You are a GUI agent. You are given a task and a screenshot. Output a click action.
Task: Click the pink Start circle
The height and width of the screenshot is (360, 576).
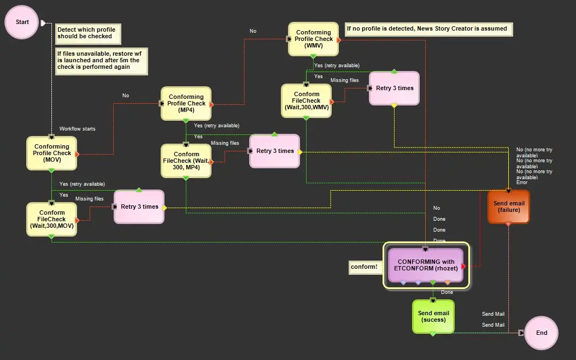pos(22,22)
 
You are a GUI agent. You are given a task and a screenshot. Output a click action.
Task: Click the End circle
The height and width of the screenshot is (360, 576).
pos(541,333)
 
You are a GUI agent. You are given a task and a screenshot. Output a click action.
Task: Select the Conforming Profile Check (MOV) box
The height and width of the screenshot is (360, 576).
pos(52,153)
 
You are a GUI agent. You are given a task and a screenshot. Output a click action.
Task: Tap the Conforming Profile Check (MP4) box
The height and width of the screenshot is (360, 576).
pos(186,103)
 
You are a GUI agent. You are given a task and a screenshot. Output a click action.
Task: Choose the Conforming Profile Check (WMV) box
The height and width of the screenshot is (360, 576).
pos(313,39)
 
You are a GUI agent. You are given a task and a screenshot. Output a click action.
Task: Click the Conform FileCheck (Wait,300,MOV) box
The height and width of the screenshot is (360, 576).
pos(52,219)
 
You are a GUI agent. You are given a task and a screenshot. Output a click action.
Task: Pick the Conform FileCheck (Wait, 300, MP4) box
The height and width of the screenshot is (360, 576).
pos(186,161)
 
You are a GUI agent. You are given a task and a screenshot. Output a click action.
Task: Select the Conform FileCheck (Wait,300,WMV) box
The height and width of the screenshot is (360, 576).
pos(307,101)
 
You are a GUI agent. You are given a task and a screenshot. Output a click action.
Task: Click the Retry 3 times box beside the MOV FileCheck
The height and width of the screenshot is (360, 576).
pos(139,206)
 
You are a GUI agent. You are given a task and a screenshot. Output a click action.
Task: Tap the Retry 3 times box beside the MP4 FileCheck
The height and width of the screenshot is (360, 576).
pos(275,151)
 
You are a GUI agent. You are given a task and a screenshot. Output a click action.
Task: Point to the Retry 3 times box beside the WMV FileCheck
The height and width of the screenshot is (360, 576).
pos(394,88)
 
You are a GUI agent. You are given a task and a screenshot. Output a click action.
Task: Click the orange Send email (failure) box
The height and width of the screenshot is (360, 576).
pos(508,206)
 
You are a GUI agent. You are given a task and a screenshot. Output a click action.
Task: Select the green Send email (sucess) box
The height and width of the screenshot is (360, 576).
pos(433,316)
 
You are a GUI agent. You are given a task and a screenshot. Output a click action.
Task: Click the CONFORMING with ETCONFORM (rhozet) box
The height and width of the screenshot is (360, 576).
pos(426,265)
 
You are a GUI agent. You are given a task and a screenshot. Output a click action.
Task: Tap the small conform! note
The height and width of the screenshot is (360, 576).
pos(364,267)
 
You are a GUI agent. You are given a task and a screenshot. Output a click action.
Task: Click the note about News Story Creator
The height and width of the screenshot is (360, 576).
pos(428,29)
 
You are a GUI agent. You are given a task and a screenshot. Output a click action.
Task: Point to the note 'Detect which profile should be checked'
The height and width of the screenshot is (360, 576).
pos(87,33)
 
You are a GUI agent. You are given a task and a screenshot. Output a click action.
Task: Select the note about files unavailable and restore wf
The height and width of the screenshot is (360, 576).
pos(101,60)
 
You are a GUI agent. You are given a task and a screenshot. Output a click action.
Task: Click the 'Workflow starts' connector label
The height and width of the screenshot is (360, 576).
pos(77,129)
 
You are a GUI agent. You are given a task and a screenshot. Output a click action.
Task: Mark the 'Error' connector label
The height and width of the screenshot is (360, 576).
pos(521,182)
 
